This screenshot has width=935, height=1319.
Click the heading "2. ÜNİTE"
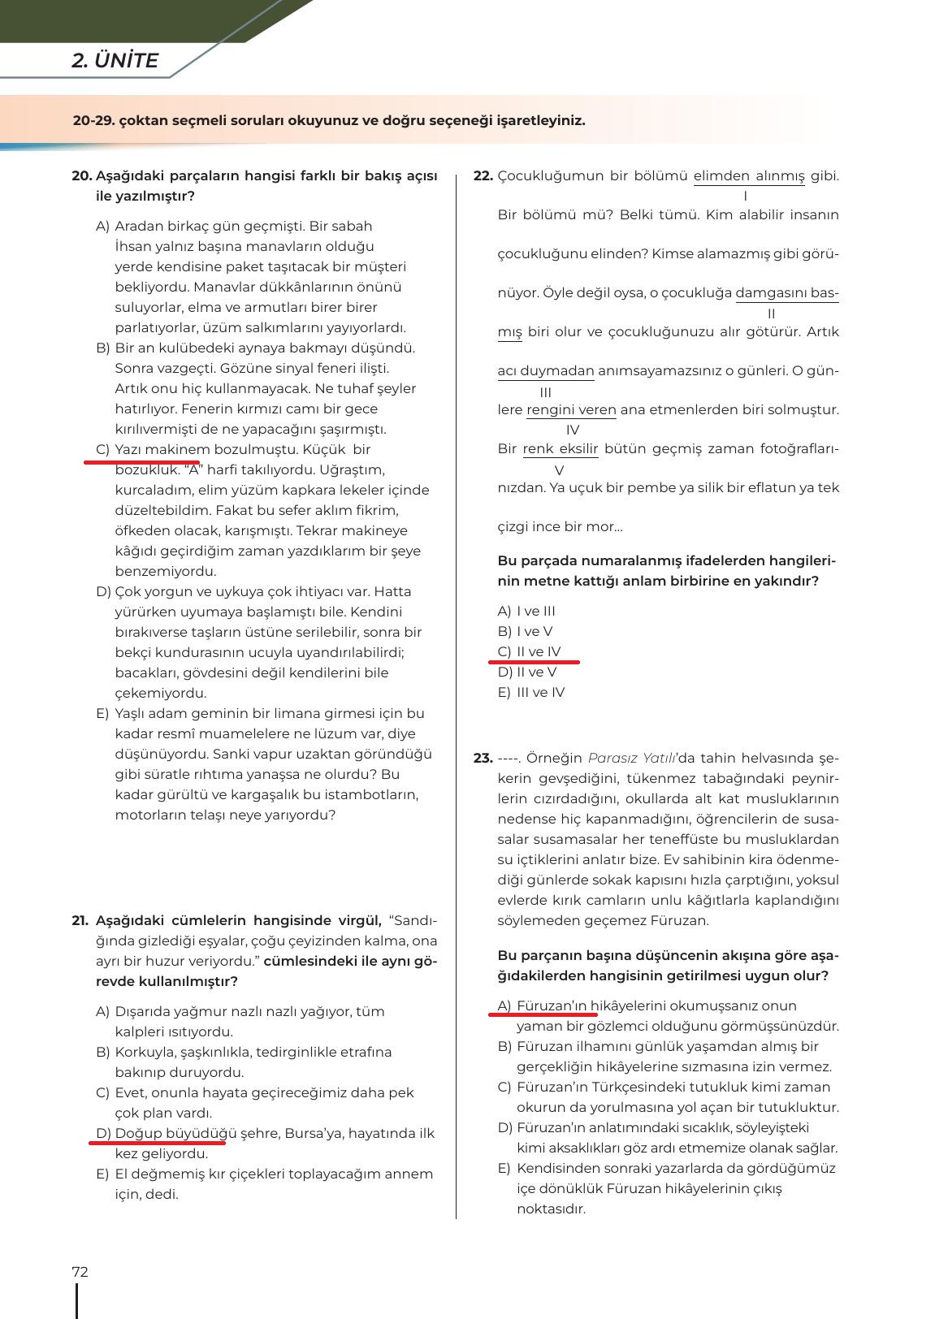115,61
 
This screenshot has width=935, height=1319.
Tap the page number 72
80,1272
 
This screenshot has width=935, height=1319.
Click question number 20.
81,176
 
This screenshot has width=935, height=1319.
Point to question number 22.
483,176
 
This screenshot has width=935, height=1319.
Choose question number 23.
483,759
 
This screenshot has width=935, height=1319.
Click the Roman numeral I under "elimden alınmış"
745,196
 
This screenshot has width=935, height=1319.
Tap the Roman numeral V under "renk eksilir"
559,469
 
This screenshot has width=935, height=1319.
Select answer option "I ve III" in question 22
536,612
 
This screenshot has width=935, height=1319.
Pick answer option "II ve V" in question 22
536,672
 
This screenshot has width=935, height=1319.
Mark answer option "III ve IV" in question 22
540,693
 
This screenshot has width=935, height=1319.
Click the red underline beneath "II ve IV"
534,662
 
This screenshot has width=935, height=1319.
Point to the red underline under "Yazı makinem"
141,461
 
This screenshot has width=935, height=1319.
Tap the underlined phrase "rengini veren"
571,410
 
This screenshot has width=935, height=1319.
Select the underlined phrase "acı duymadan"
546,371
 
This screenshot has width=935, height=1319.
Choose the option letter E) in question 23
504,1169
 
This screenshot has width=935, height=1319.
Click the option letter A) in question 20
102,227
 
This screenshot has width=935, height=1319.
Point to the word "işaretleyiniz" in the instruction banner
539,121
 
